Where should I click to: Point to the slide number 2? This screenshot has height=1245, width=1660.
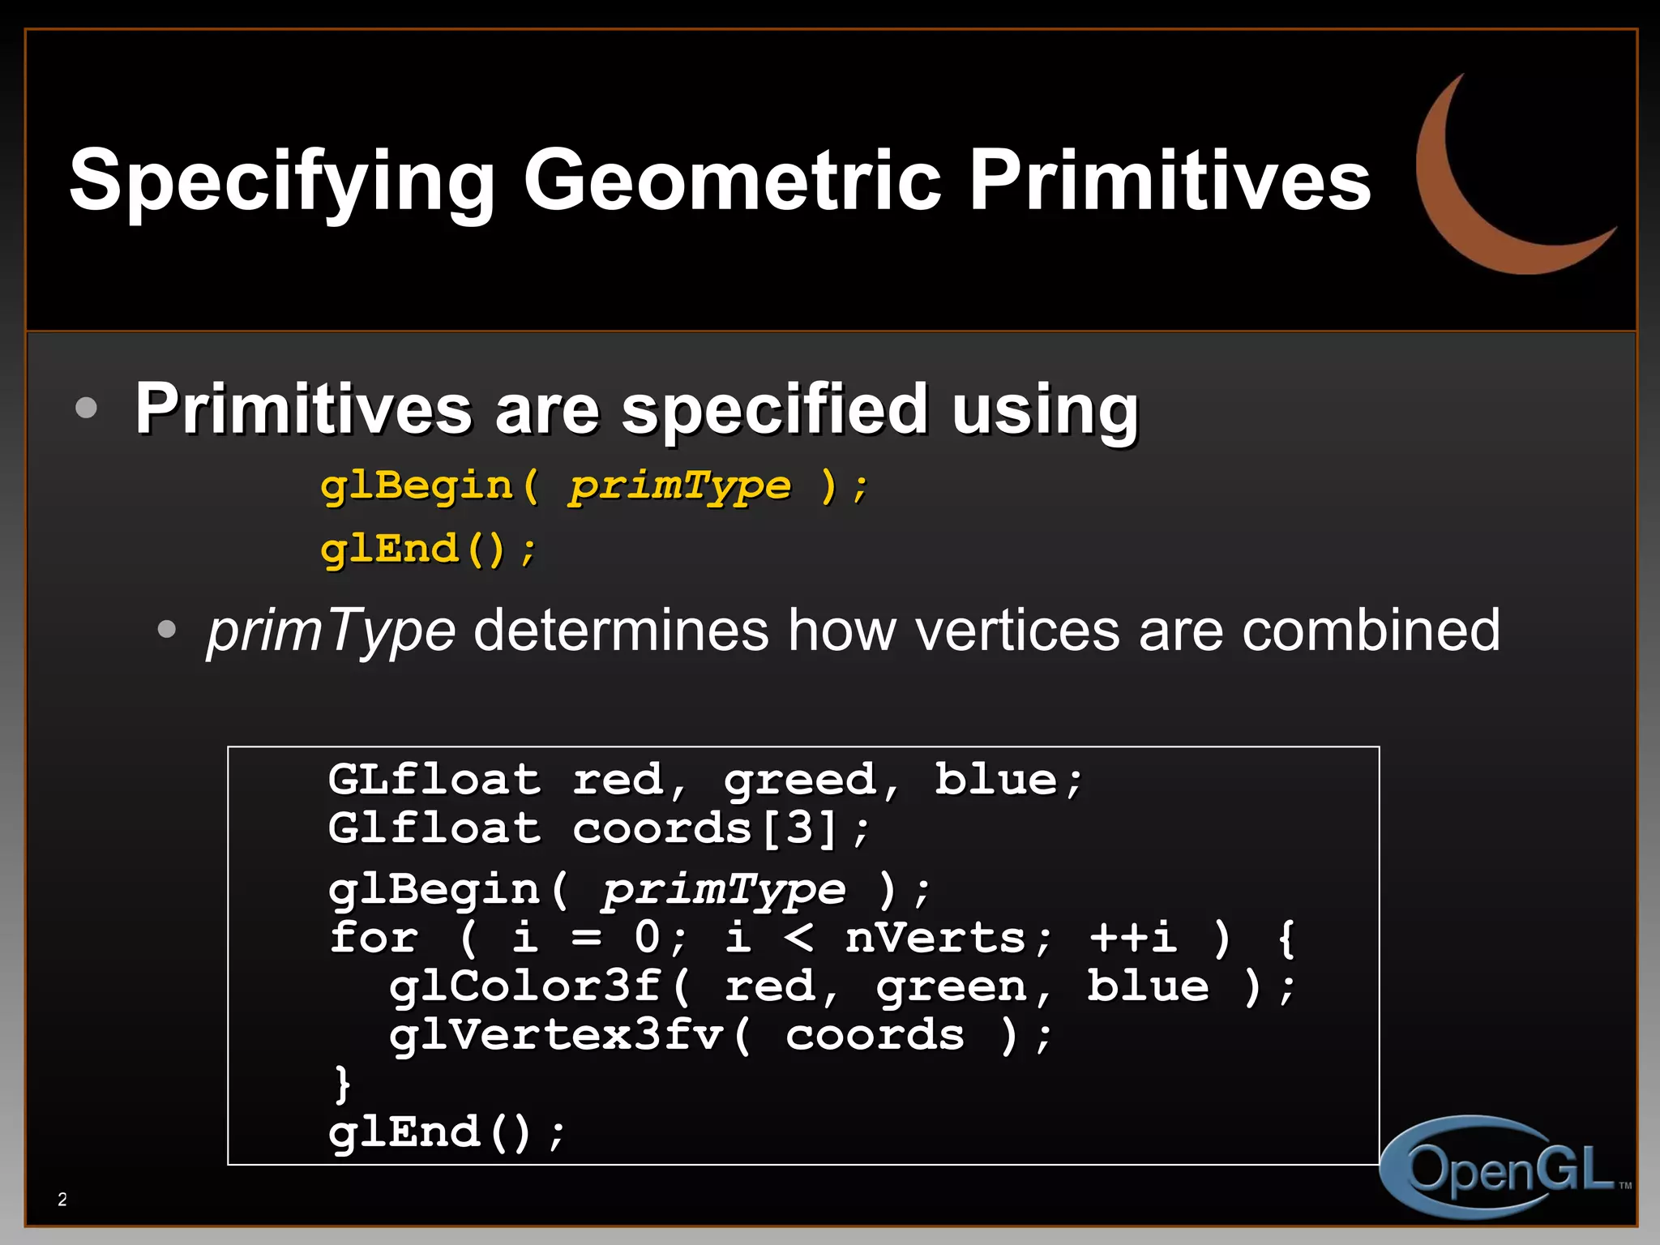pyautogui.click(x=62, y=1200)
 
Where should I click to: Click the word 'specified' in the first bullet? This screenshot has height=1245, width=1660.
pyautogui.click(x=774, y=409)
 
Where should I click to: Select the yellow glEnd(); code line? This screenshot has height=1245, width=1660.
pyautogui.click(x=428, y=550)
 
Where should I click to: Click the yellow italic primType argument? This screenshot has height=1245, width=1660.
pyautogui.click(x=679, y=486)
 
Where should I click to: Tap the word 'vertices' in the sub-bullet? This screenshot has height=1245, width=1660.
pyautogui.click(x=1017, y=631)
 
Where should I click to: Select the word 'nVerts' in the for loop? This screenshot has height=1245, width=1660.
pyautogui.click(x=936, y=938)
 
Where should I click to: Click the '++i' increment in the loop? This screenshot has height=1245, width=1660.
pyautogui.click(x=1133, y=938)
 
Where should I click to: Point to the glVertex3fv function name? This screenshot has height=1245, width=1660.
pyautogui.click(x=556, y=1035)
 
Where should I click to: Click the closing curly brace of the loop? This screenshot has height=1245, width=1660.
pyautogui.click(x=343, y=1084)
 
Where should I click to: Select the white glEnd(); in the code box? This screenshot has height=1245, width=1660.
pyautogui.click(x=446, y=1132)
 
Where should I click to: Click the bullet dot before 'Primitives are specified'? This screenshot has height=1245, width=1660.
pyautogui.click(x=86, y=407)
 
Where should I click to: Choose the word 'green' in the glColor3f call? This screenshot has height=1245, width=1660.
pyautogui.click(x=952, y=986)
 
